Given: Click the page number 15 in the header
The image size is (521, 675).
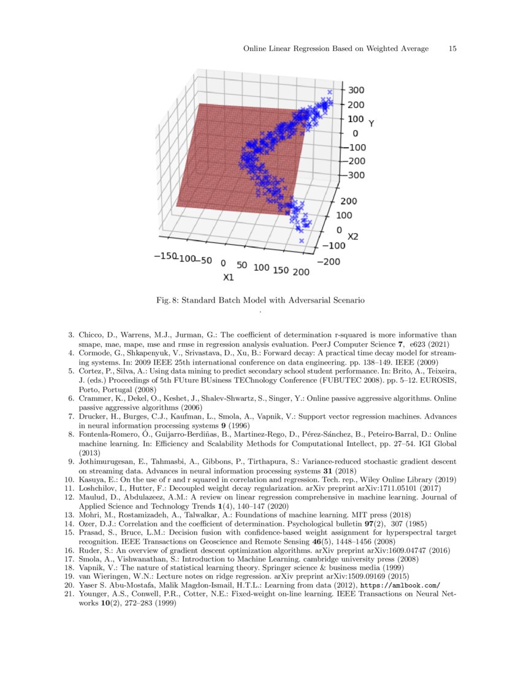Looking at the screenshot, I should (453, 48).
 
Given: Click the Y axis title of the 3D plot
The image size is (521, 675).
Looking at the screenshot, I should (371, 124).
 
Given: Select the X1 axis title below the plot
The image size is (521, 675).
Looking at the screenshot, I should (228, 277).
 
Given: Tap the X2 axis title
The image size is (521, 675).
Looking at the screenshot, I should (352, 236).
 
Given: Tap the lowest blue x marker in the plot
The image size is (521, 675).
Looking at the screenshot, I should (302, 241).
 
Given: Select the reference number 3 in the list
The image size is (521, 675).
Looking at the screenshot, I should (70, 335).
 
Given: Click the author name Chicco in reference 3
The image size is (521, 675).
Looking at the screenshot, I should (91, 335).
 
